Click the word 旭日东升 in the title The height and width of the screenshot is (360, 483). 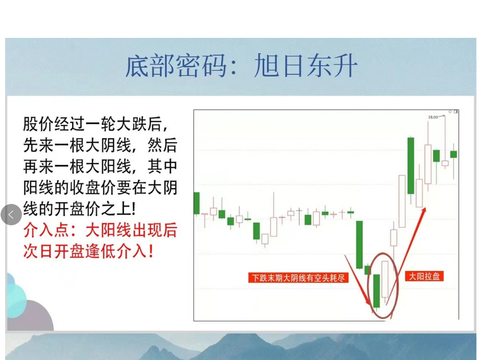pyautogui.click(x=306, y=66)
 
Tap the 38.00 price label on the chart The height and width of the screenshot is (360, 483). pyautogui.click(x=433, y=117)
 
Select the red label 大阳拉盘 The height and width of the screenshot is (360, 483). pyautogui.click(x=424, y=276)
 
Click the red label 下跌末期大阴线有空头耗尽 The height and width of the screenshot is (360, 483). pyautogui.click(x=298, y=278)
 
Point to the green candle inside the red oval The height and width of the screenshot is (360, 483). pyautogui.click(x=376, y=290)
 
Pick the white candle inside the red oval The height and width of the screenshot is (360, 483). pyautogui.click(x=385, y=279)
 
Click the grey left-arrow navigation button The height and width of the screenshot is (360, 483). pyautogui.click(x=11, y=215)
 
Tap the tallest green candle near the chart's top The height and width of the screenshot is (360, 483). pyautogui.click(x=411, y=165)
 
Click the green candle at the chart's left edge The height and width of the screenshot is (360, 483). pyautogui.click(x=196, y=203)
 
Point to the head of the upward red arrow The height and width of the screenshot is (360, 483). pyautogui.click(x=424, y=210)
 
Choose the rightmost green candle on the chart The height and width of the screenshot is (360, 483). pyautogui.click(x=453, y=154)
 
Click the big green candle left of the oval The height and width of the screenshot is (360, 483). pyautogui.click(x=360, y=244)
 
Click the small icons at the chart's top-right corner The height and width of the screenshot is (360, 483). pyautogui.click(x=453, y=112)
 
